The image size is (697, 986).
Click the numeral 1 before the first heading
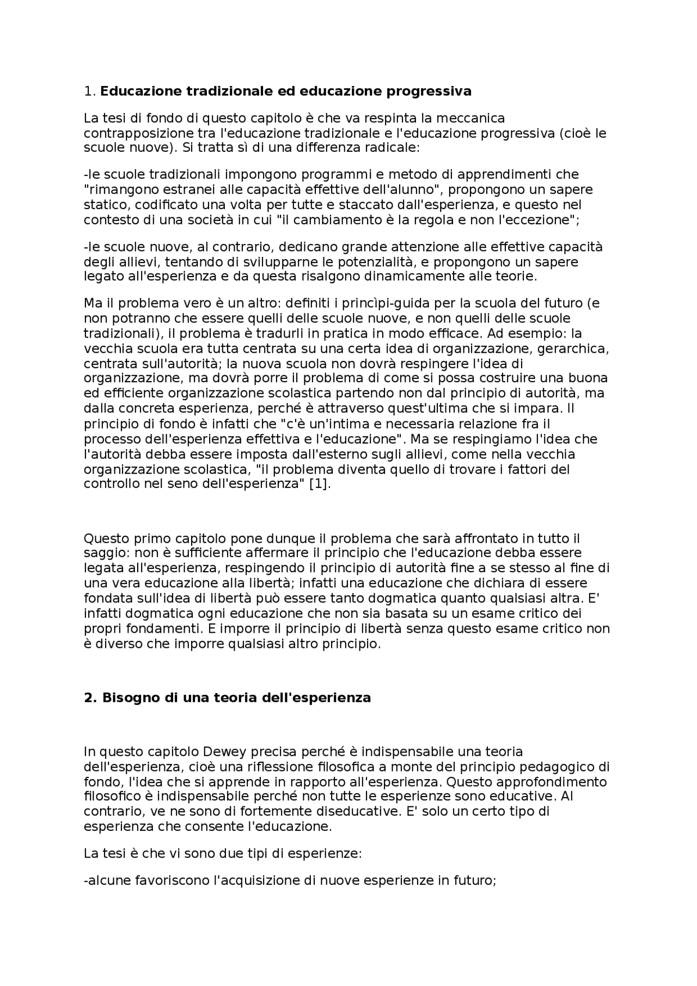88,91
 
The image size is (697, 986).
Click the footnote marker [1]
320,484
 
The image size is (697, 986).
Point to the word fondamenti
154,629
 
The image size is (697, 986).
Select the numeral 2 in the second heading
88,698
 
